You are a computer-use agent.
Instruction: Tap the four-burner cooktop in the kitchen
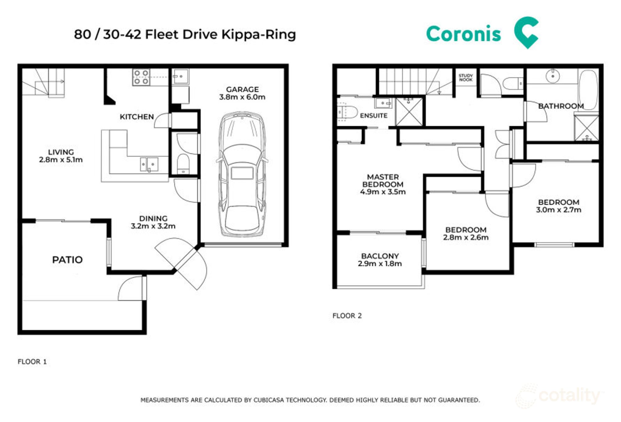(x=141, y=77)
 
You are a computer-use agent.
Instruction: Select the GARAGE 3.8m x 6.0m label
(x=242, y=93)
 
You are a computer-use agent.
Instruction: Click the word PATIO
(x=67, y=260)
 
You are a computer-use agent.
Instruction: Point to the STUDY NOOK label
(x=465, y=78)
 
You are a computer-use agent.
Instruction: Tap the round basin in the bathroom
(x=553, y=76)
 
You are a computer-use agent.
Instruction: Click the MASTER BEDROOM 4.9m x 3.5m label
(x=383, y=184)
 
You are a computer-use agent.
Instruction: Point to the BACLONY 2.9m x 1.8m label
(x=380, y=260)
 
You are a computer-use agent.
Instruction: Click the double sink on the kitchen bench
(x=149, y=164)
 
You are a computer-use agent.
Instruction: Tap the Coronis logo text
(x=463, y=34)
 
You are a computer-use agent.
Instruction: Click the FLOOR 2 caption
(x=347, y=316)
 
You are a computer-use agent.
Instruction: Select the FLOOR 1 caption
(x=32, y=361)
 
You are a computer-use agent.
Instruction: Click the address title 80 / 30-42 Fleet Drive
(x=185, y=34)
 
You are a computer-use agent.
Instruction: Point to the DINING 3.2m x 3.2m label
(x=153, y=222)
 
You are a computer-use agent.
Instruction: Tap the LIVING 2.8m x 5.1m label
(x=61, y=156)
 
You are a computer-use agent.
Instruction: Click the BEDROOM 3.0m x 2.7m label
(x=558, y=206)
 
